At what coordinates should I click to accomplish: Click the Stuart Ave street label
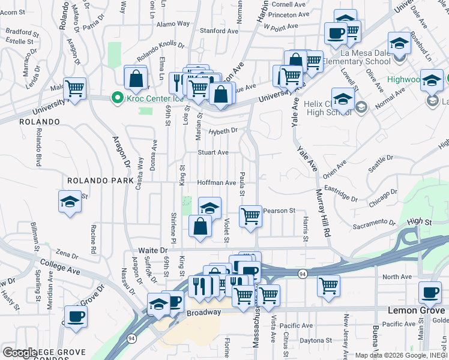tap(213, 152)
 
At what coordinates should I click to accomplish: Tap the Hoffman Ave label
tap(216, 182)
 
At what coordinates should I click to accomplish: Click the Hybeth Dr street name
tap(223, 131)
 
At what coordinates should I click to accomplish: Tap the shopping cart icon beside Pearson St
tap(250, 215)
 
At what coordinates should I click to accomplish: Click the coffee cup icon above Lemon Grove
tap(429, 292)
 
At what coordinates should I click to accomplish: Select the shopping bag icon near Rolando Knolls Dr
tap(136, 77)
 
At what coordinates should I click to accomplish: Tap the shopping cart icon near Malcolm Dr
tap(74, 88)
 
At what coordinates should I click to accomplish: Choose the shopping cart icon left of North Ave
tap(328, 285)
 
